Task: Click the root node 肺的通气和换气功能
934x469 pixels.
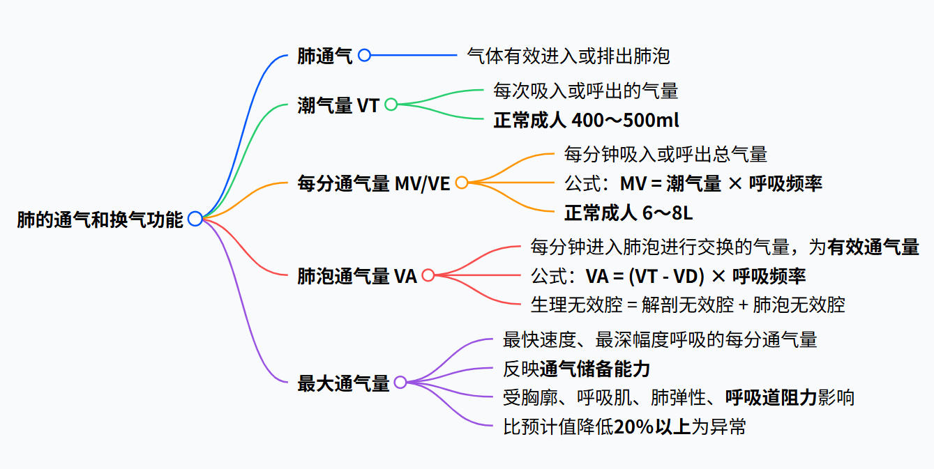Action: (x=100, y=220)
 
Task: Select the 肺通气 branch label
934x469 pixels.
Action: (x=325, y=56)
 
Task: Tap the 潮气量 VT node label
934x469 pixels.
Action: (x=338, y=105)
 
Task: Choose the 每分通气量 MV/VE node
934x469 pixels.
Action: (x=374, y=183)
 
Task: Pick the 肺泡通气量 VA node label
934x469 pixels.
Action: (x=357, y=276)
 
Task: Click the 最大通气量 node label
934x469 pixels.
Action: (x=343, y=383)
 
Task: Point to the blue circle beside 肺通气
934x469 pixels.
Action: (x=364, y=56)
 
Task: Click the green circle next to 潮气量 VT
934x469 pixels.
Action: (x=391, y=105)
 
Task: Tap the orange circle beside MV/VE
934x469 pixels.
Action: (x=462, y=183)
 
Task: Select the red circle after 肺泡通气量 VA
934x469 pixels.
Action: (x=428, y=275)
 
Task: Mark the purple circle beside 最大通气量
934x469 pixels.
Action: (x=400, y=382)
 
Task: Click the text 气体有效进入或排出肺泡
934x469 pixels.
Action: (x=568, y=56)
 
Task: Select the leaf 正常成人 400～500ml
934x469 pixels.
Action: (x=586, y=120)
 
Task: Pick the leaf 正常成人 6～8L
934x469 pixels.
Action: (x=628, y=212)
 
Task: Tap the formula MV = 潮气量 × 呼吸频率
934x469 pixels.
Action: (x=721, y=183)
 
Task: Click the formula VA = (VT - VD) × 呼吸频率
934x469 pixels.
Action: (x=695, y=275)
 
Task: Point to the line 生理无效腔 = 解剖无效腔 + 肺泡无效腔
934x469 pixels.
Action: (x=688, y=305)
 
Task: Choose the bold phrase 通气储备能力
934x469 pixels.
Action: (x=594, y=369)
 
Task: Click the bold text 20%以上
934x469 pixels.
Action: (x=651, y=426)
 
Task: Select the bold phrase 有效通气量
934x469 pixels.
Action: (x=873, y=247)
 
